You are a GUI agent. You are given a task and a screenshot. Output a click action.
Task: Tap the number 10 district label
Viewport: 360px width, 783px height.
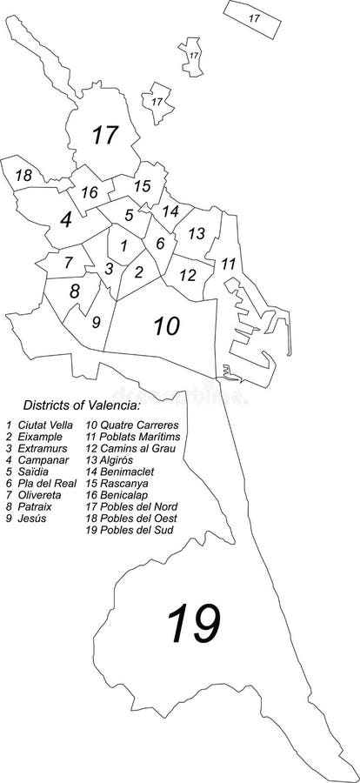(167, 326)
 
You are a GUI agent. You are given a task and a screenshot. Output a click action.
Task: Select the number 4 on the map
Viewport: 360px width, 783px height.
(66, 220)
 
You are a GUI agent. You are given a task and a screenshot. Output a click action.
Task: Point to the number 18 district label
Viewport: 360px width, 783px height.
(24, 177)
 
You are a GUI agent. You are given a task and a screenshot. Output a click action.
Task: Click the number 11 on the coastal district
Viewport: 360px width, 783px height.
(229, 263)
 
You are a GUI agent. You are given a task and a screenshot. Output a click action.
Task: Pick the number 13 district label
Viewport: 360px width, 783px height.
(197, 233)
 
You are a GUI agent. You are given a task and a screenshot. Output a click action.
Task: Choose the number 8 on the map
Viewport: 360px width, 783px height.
(75, 291)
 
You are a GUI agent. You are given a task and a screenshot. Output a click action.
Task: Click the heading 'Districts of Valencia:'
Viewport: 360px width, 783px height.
(81, 405)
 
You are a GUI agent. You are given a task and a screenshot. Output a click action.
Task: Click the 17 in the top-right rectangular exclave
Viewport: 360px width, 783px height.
(254, 17)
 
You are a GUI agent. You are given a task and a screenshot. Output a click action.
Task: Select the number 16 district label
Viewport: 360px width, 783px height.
(89, 193)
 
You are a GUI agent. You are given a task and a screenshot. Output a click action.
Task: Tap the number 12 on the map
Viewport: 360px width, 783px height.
(188, 275)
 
